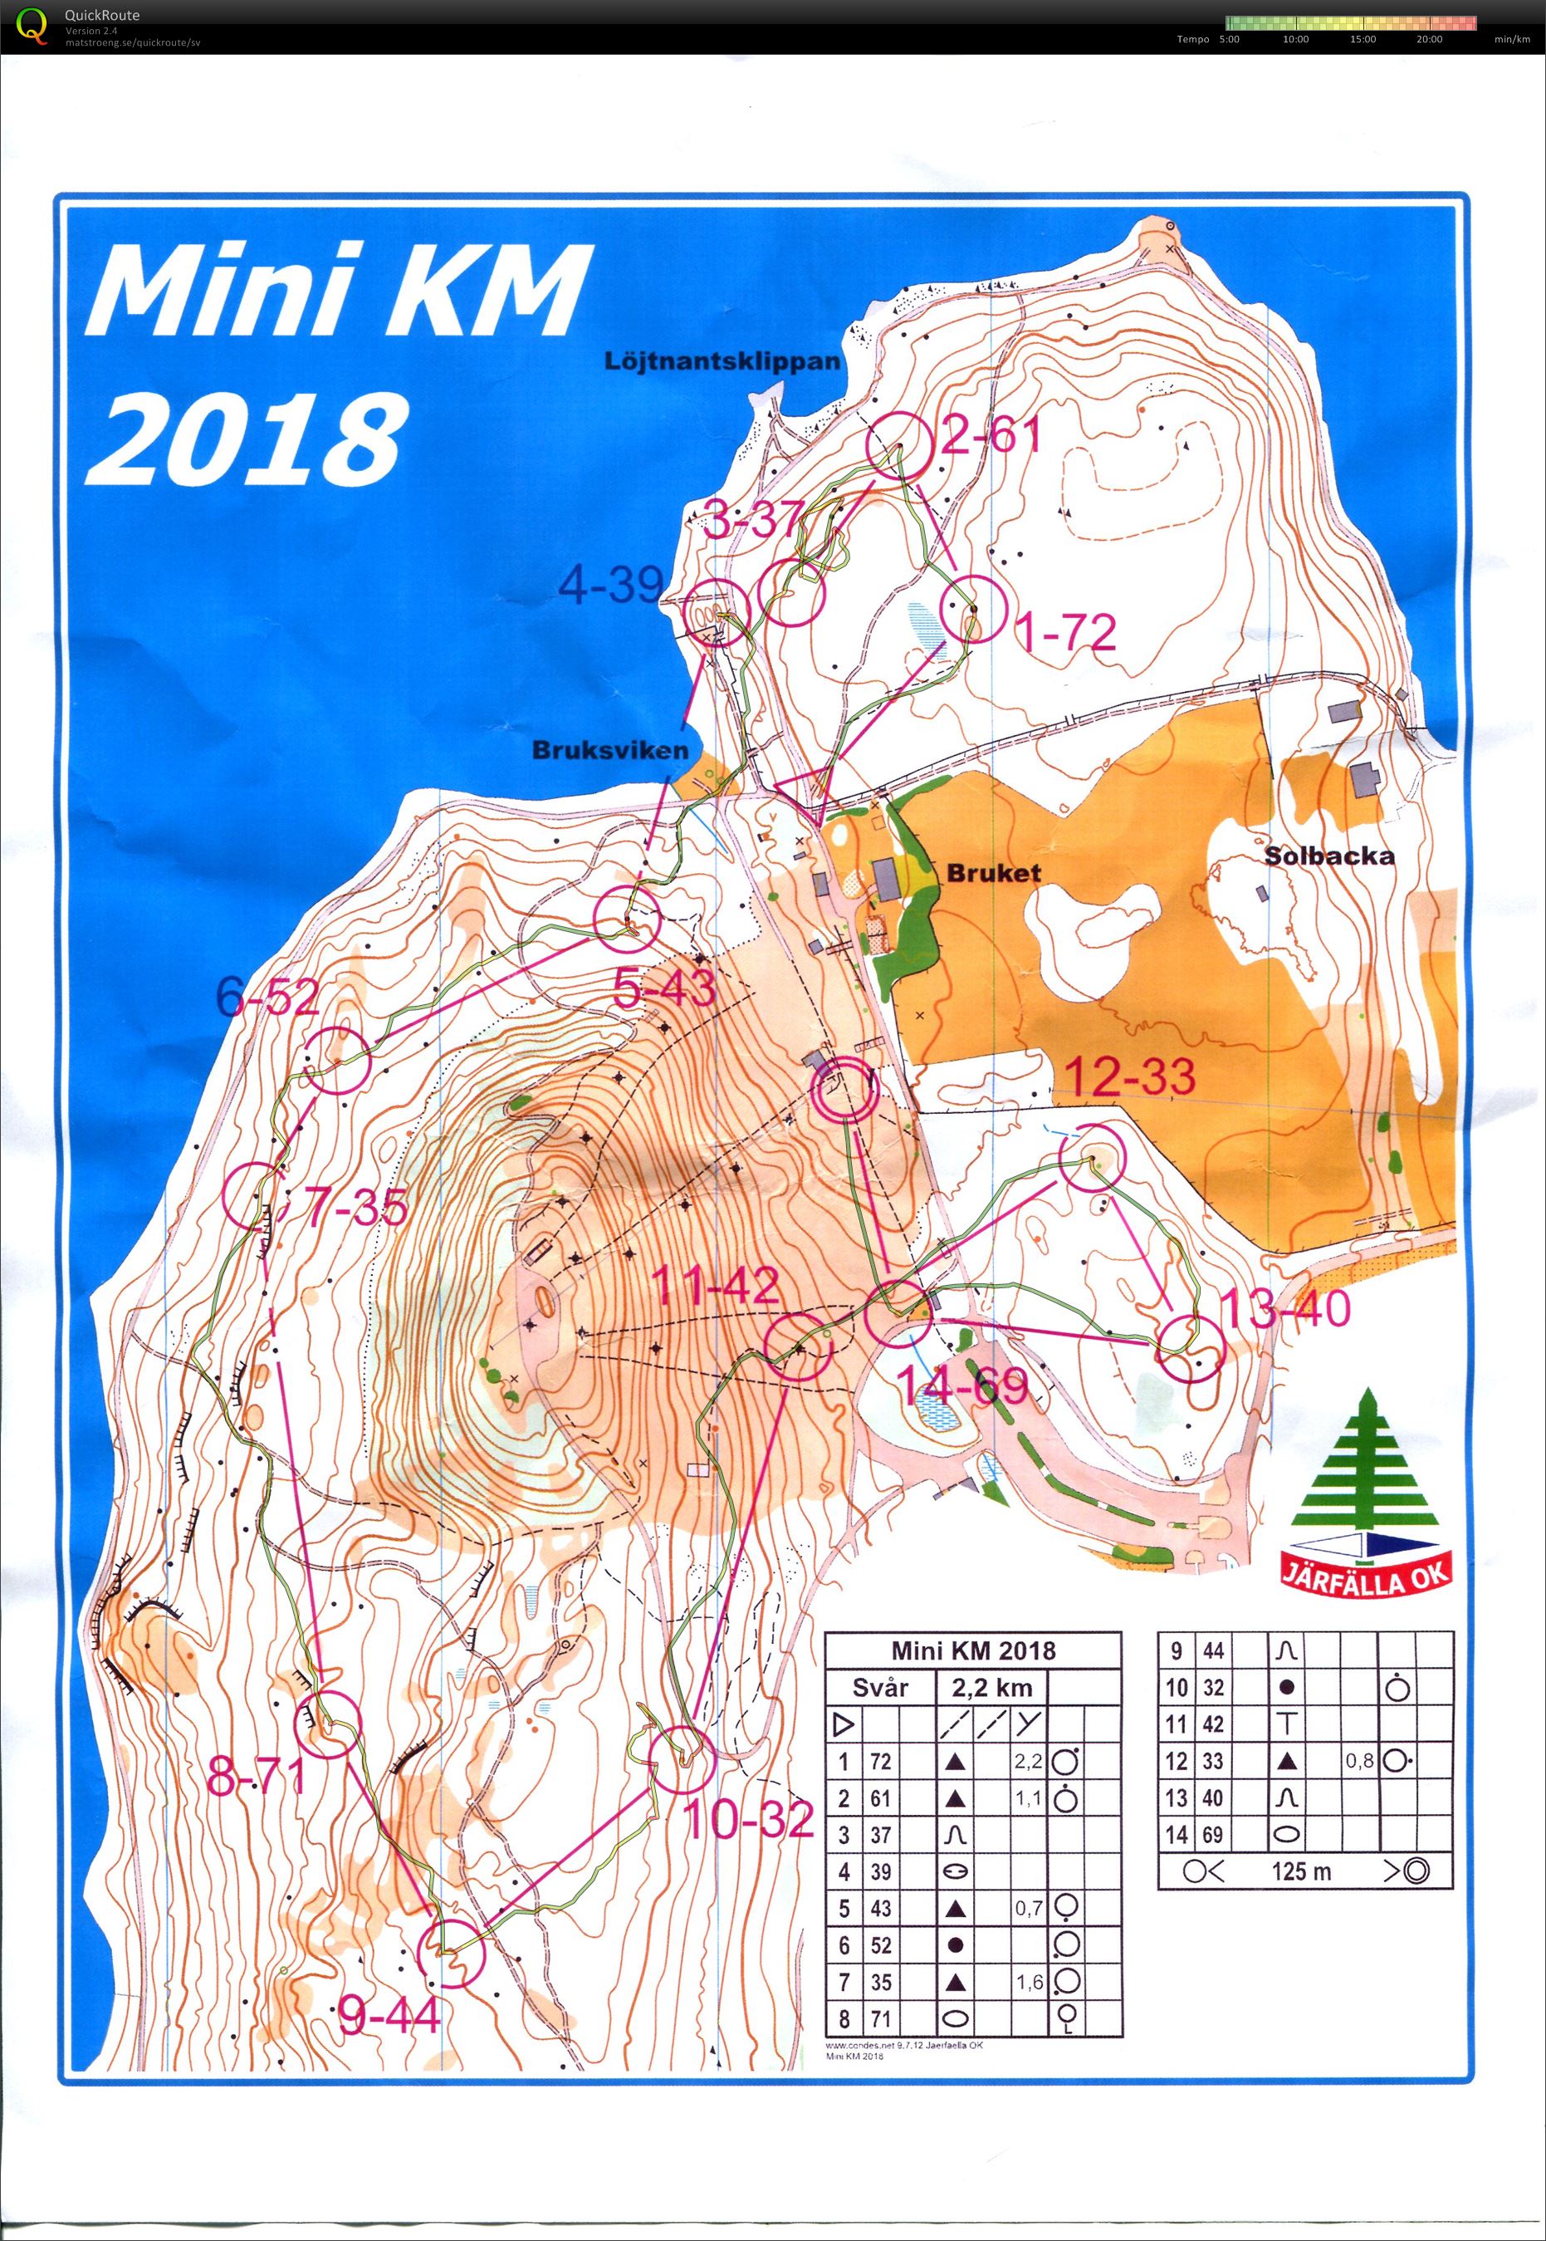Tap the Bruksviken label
click(610, 749)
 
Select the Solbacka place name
click(1329, 856)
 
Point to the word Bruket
click(981, 871)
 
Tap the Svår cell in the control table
click(879, 1687)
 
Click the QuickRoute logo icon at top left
click(34, 26)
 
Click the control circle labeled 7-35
click(255, 1194)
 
